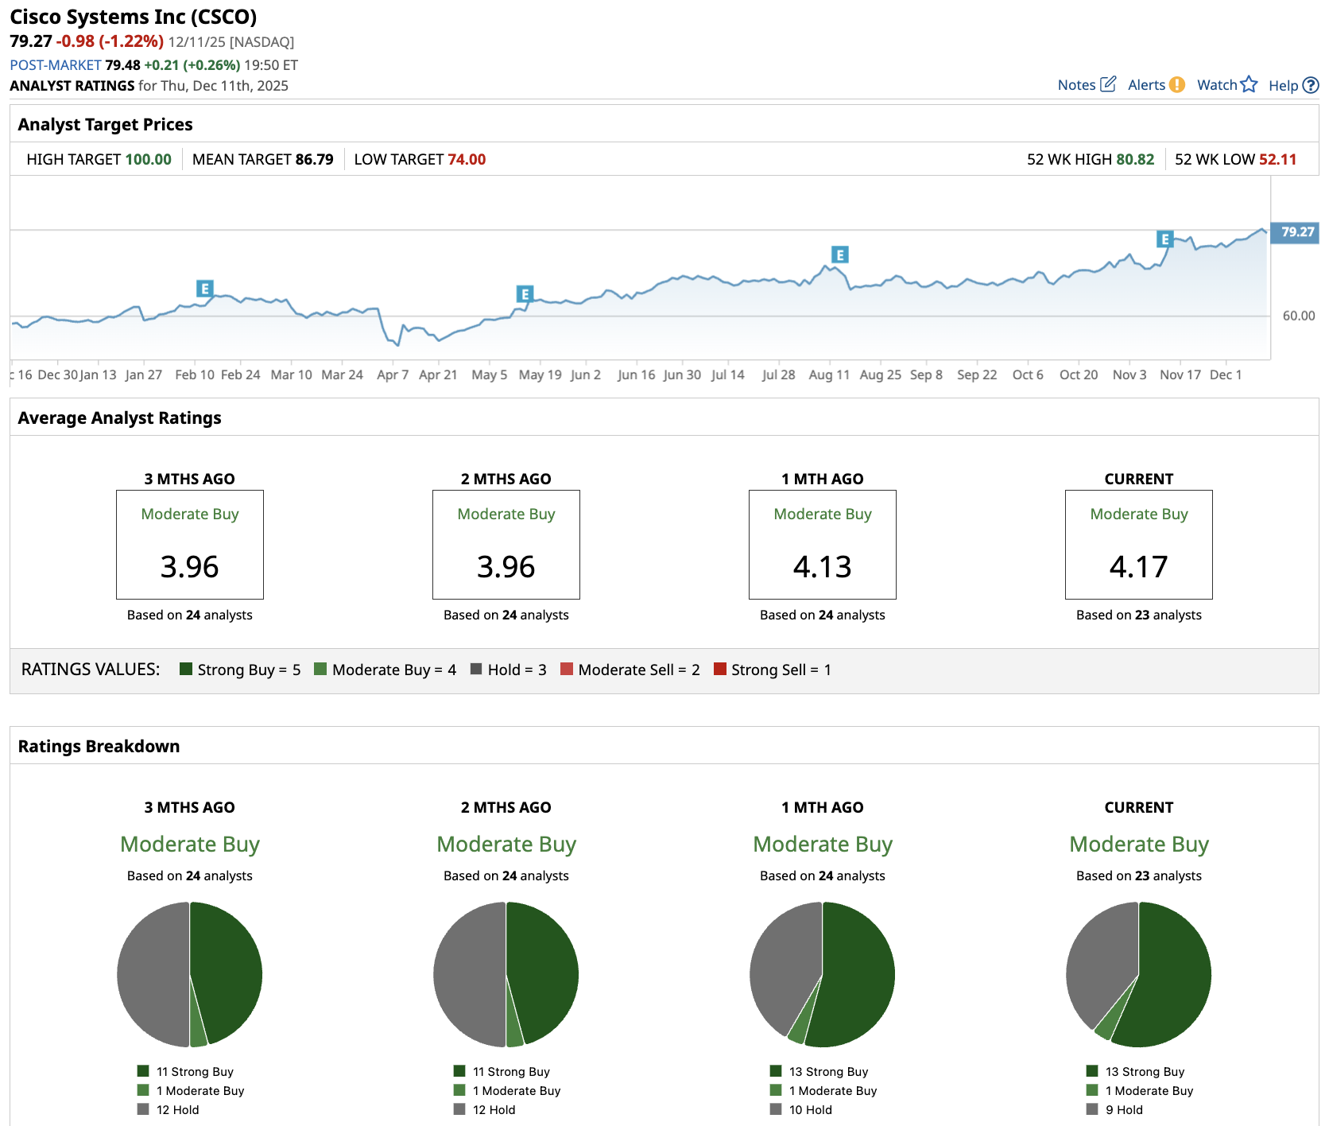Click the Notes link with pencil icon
tap(1087, 85)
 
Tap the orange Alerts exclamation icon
tap(1177, 85)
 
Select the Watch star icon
tap(1249, 84)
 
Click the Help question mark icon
tap(1311, 85)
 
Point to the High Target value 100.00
tap(148, 159)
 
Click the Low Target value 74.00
tap(467, 159)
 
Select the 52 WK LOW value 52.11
tap(1277, 159)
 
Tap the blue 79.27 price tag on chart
tap(1296, 232)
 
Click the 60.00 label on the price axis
tap(1299, 316)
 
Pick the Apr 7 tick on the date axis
tap(393, 375)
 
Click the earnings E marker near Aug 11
tap(839, 254)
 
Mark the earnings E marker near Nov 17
tap(1164, 239)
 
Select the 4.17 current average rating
tap(1138, 567)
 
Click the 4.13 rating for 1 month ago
tap(822, 567)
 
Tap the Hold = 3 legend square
tap(476, 670)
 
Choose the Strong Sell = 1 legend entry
tap(772, 670)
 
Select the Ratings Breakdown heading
tap(99, 746)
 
